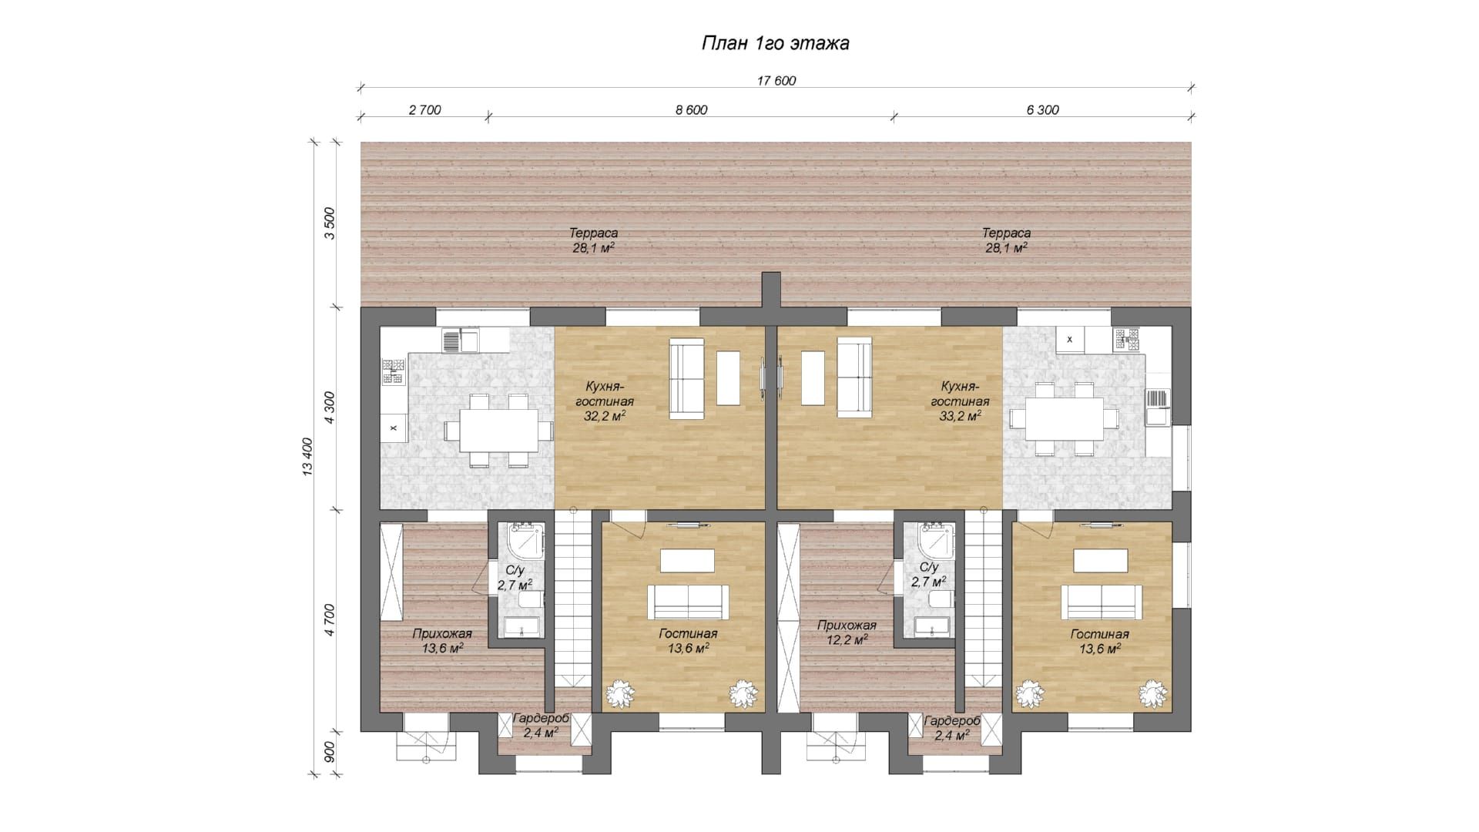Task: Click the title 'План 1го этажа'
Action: (x=775, y=43)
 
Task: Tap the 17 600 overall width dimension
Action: (x=776, y=81)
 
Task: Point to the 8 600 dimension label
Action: (x=691, y=110)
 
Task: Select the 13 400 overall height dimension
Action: (x=307, y=458)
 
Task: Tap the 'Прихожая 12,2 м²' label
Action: (x=847, y=632)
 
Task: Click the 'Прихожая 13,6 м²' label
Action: (x=441, y=641)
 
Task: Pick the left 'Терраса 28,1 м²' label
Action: (x=593, y=240)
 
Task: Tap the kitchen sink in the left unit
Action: (x=460, y=340)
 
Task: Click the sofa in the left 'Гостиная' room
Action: (x=688, y=602)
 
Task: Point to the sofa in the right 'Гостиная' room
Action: (x=1102, y=602)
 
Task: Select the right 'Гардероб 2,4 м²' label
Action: (x=951, y=728)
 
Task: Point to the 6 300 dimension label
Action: (x=1042, y=110)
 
